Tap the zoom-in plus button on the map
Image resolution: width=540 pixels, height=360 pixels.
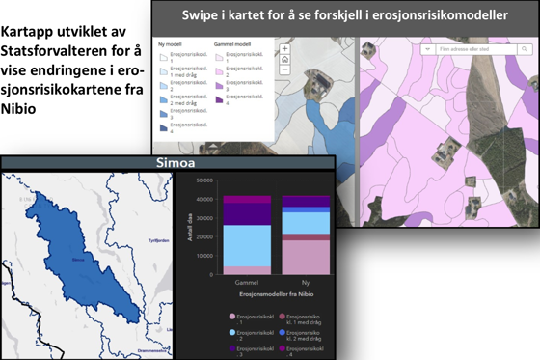285,48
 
